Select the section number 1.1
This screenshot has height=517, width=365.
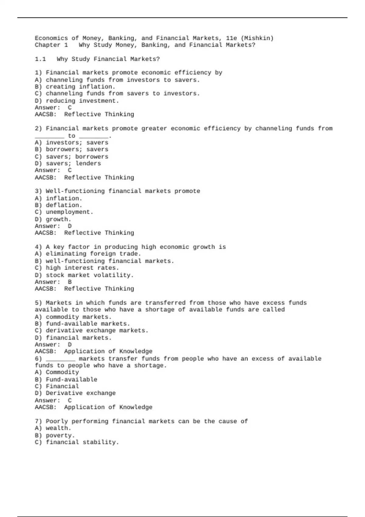point(40,59)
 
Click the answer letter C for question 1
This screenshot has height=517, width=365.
point(70,108)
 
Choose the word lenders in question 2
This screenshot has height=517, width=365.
point(88,163)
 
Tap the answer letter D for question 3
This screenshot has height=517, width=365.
point(70,226)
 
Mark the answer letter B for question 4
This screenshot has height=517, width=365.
point(70,282)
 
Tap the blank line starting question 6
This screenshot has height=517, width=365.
point(61,359)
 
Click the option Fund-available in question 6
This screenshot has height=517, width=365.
point(71,380)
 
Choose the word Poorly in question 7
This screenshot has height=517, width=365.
point(57,422)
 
